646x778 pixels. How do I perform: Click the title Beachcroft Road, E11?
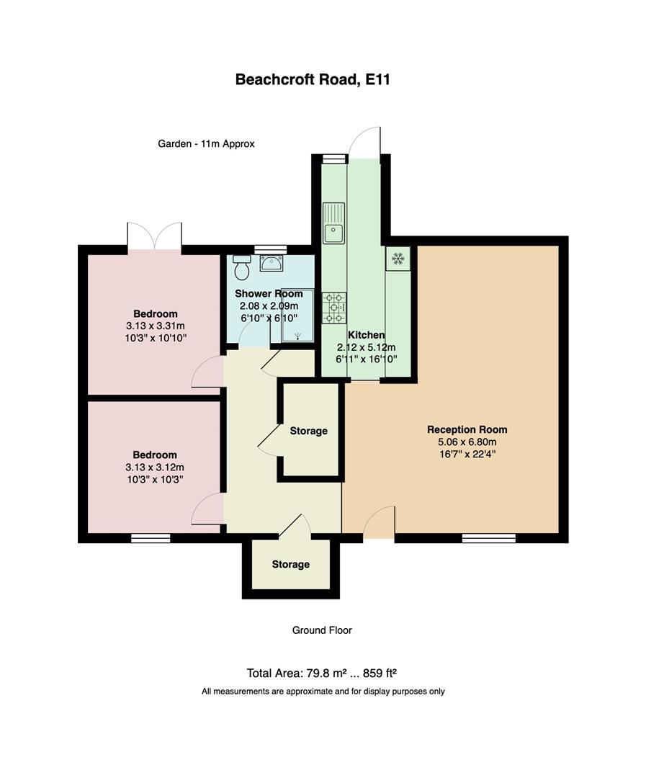coord(312,79)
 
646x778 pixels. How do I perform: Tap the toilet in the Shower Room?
coord(242,267)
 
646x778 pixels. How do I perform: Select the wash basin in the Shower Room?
coord(271,262)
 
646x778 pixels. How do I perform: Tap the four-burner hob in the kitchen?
coord(334,308)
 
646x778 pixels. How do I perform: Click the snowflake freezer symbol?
coord(398,258)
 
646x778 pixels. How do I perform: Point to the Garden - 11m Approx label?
coord(206,143)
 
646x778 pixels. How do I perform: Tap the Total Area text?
coord(322,674)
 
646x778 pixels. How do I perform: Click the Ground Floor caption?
coord(322,630)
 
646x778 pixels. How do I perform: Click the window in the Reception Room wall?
coord(488,537)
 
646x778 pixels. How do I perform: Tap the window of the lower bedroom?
coord(151,537)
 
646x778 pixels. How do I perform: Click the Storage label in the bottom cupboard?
coord(290,564)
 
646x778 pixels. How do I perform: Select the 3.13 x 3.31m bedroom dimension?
coord(155,326)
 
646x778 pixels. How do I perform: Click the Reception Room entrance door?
coord(379,524)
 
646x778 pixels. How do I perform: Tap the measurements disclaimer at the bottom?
coord(323,692)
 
